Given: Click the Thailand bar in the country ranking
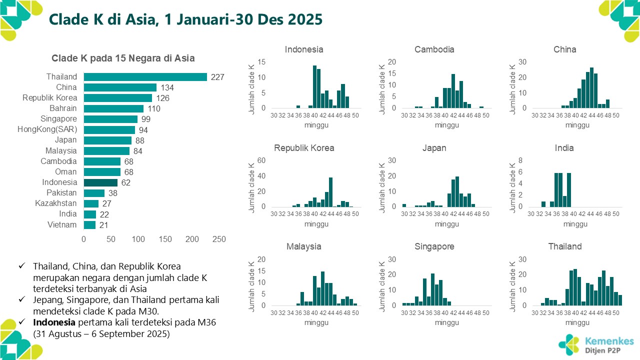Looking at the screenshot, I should pos(145,77).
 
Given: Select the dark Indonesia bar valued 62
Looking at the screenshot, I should pos(100,182).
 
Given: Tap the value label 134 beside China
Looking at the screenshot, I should pos(167,88).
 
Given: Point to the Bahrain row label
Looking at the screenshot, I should pos(63,108).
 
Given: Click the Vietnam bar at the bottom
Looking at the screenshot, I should pos(89,225).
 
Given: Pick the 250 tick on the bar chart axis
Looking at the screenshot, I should pos(219,239).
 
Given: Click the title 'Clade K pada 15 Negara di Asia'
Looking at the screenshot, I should pos(123,58).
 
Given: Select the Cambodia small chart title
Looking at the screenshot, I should pos(434,49).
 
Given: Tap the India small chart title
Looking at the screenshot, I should pos(564,148).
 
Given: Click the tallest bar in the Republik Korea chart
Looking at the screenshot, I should pos(330,192).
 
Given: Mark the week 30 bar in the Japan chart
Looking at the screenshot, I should pos(404,205).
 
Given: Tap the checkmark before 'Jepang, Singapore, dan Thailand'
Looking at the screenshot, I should pos(20,299).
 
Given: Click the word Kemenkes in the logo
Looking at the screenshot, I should pos(609,341).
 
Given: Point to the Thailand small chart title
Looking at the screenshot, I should pos(565,246).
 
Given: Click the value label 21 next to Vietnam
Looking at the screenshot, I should pos(104,225).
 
